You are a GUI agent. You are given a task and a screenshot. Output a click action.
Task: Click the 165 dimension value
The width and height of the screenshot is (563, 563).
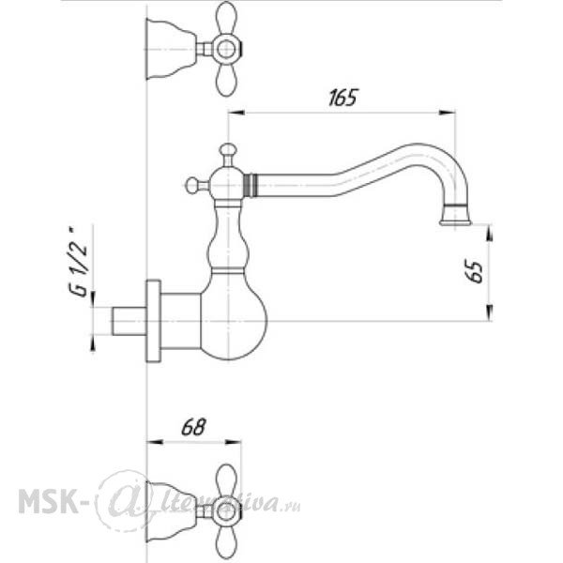342,98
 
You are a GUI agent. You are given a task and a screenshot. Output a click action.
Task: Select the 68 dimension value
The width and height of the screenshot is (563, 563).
193,427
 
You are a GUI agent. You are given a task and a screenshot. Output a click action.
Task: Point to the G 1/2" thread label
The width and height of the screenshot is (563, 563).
78,262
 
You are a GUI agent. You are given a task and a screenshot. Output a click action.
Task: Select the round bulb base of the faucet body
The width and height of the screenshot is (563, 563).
234,315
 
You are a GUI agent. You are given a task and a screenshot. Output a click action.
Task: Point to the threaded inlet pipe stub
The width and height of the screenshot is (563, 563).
129,321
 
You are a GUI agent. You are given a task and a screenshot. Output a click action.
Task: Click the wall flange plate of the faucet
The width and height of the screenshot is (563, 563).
153,321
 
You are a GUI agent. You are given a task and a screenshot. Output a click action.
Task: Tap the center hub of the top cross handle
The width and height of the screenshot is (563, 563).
226,49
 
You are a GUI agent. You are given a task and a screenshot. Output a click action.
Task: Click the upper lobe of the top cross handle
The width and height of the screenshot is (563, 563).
227,18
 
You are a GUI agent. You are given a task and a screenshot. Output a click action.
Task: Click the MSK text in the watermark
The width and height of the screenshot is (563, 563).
48,501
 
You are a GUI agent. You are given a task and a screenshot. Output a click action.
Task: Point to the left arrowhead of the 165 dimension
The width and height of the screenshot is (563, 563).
236,113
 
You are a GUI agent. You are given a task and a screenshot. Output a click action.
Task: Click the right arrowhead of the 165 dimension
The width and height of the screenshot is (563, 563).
448,113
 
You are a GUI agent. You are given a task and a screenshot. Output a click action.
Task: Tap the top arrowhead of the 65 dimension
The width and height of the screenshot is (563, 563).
490,233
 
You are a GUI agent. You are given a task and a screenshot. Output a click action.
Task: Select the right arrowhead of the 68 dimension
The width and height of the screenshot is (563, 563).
233,442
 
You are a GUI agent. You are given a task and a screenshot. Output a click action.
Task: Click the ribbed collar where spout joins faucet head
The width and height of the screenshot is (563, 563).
247,185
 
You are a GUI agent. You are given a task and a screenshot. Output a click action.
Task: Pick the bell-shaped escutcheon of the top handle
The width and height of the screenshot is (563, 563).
172,49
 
